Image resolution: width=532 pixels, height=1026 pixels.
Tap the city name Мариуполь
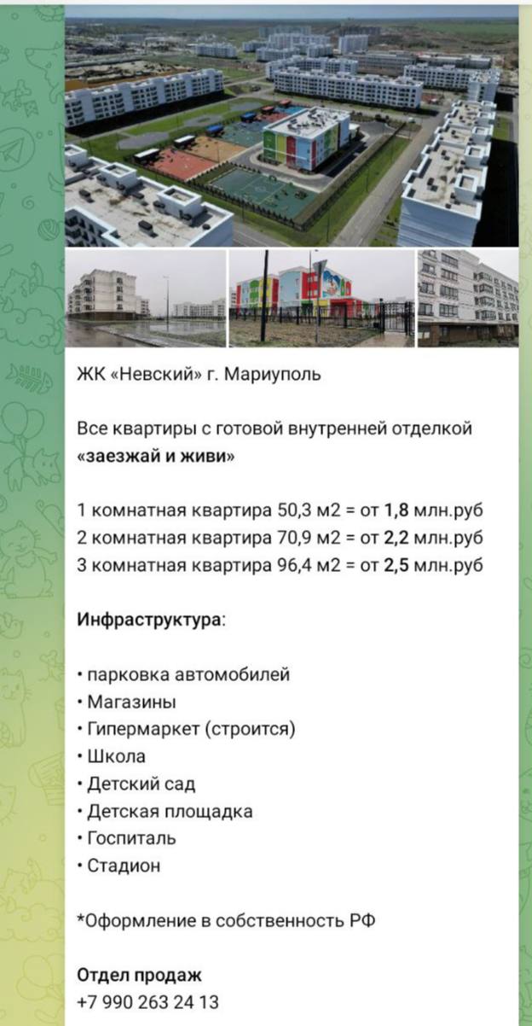273,375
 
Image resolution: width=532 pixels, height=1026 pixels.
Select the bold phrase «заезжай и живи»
156,456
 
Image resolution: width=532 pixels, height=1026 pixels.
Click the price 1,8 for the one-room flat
396,510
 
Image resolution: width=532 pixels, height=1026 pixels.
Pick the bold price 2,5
396,565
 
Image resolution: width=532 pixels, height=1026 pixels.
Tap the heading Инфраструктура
149,621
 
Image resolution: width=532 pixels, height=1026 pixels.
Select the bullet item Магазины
132,702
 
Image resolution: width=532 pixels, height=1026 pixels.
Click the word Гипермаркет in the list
143,729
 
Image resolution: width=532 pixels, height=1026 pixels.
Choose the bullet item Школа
117,756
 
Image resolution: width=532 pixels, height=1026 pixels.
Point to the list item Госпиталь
132,838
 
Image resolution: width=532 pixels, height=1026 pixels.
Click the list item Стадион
124,866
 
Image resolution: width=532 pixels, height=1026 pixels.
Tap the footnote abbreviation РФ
362,920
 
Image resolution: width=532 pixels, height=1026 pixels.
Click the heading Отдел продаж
139,975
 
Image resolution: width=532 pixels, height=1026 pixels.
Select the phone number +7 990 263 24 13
147,1002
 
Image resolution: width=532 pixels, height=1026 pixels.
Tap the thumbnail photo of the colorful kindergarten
321,298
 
